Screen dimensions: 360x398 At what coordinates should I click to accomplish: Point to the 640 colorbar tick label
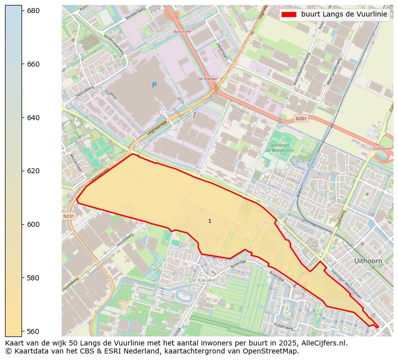[33, 118]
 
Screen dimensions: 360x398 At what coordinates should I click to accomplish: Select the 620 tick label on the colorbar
[33, 171]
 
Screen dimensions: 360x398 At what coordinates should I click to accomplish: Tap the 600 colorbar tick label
[33, 224]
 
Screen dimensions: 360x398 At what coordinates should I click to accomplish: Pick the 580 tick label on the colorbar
[33, 278]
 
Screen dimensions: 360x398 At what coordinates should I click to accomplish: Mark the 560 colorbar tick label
[33, 331]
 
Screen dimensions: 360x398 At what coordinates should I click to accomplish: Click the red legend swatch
[289, 15]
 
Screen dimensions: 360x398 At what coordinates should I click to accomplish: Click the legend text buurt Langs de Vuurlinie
[344, 15]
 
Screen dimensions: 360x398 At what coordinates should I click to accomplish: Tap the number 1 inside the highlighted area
[210, 221]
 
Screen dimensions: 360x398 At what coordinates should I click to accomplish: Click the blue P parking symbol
[154, 86]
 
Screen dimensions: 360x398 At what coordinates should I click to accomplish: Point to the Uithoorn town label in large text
[368, 261]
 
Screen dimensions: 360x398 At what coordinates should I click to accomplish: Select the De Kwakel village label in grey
[203, 280]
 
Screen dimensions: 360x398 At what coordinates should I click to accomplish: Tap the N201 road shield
[301, 119]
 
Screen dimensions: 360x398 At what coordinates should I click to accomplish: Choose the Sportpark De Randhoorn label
[279, 147]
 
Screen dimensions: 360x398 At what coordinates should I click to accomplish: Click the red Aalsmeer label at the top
[182, 31]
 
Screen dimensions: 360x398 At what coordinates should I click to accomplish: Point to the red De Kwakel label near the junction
[208, 79]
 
